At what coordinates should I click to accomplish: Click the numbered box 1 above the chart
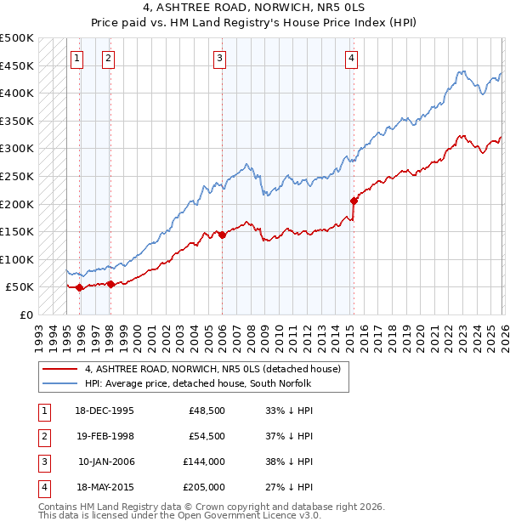coord(77,59)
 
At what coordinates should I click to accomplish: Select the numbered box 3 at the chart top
coord(219,59)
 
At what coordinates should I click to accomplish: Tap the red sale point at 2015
coord(353,201)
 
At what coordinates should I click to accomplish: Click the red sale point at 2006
coord(222,235)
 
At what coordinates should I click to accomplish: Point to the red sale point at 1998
coord(110,284)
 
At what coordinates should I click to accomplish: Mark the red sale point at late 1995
coord(80,287)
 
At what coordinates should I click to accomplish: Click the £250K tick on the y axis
coord(17,176)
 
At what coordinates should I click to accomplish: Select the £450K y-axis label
coord(17,65)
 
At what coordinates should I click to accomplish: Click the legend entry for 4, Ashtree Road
coord(212,369)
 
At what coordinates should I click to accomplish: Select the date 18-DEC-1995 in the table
coord(105,411)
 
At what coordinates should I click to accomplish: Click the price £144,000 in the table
coord(204,462)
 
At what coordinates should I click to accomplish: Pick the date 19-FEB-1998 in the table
coord(105,436)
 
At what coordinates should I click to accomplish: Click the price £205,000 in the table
coord(204,487)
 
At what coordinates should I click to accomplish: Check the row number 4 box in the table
coord(42,487)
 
